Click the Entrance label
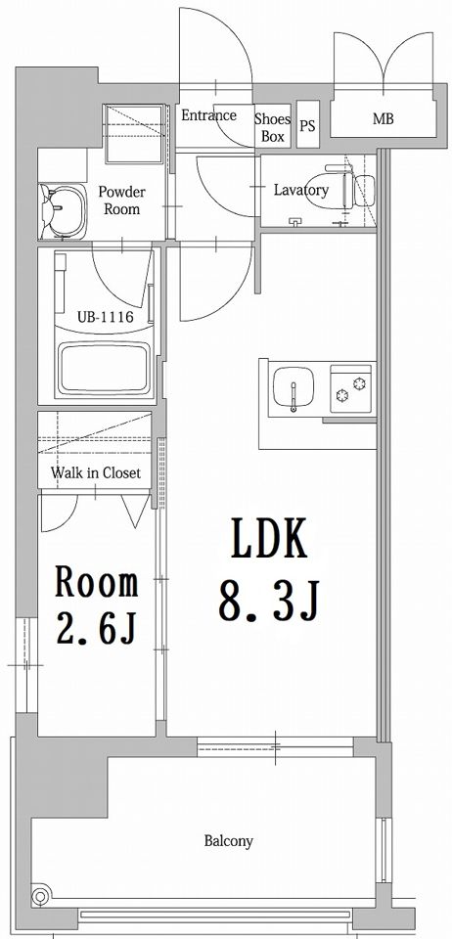[209, 115]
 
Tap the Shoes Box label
[272, 127]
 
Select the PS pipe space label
[308, 126]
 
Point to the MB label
[384, 118]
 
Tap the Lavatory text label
[301, 191]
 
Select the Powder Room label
[121, 201]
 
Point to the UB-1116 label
[105, 315]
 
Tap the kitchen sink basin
[294, 388]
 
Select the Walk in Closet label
[96, 472]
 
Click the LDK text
[269, 538]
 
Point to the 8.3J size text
[269, 600]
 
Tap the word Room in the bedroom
[97, 582]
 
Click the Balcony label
[229, 841]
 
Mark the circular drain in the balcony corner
[40, 897]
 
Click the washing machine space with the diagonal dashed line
[133, 134]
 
